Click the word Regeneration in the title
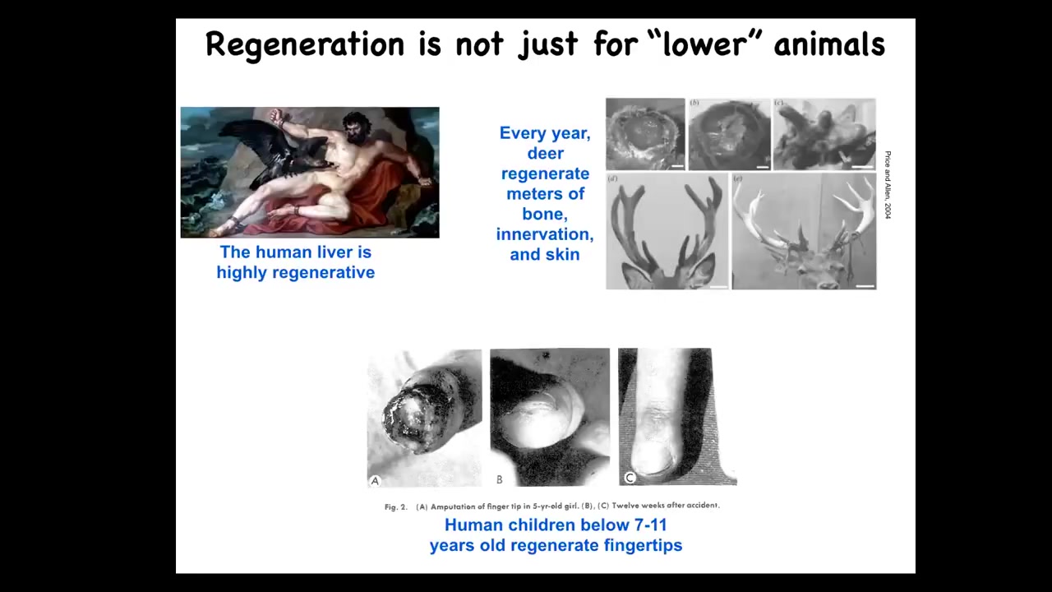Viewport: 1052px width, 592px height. pyautogui.click(x=304, y=45)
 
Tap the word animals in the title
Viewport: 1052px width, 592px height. pyautogui.click(x=829, y=44)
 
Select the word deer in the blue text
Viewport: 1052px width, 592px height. pyautogui.click(x=545, y=153)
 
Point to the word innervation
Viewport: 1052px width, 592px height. pyautogui.click(x=545, y=234)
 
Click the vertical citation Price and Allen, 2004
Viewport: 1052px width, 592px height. pyautogui.click(x=888, y=185)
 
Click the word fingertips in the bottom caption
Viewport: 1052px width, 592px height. pyautogui.click(x=643, y=545)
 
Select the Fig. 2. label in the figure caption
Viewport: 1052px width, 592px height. pyautogui.click(x=396, y=507)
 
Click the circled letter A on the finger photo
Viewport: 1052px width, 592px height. pyautogui.click(x=375, y=481)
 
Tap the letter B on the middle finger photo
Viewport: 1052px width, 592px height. pyautogui.click(x=499, y=479)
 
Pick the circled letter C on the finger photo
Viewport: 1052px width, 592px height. pyautogui.click(x=630, y=478)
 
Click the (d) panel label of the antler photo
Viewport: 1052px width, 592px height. pyautogui.click(x=612, y=178)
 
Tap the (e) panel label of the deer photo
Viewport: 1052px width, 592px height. pyautogui.click(x=738, y=178)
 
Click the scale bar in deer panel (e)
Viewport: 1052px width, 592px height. pyautogui.click(x=865, y=285)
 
